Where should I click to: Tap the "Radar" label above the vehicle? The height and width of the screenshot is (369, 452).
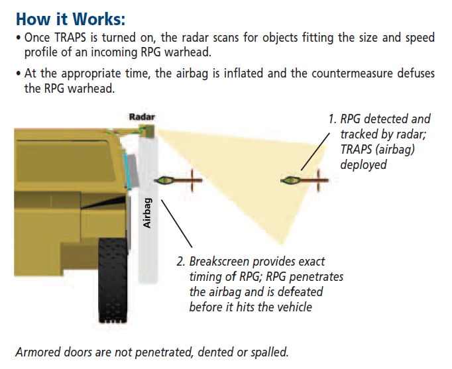tap(141, 117)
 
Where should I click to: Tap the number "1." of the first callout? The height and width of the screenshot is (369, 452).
tap(333, 119)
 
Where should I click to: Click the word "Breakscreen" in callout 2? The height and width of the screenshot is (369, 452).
tap(222, 262)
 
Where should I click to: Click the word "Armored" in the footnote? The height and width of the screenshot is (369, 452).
tap(37, 352)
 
